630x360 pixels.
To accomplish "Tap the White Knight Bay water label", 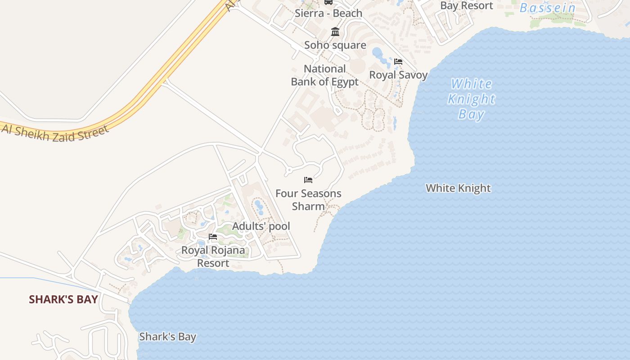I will click(x=471, y=99).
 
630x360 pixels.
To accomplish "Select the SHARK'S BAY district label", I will click(x=63, y=299).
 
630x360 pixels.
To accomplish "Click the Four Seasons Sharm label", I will click(x=308, y=200).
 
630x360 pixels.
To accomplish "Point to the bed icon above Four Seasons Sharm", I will click(x=308, y=180).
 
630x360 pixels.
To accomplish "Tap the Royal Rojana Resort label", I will click(x=213, y=256).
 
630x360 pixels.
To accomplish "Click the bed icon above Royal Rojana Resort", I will click(x=213, y=237).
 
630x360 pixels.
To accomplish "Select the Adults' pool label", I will click(x=261, y=226).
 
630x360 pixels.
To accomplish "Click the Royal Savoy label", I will click(x=398, y=75).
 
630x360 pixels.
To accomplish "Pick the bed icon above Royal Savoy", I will click(x=398, y=62).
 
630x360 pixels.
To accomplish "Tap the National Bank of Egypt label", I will click(x=324, y=75).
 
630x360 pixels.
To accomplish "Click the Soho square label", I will click(x=335, y=45).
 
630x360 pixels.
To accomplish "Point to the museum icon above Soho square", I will click(x=335, y=32).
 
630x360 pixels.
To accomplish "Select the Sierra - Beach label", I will click(x=328, y=13).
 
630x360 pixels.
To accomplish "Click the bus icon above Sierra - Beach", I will click(x=328, y=2).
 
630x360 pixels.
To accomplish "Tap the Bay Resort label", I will click(x=467, y=5).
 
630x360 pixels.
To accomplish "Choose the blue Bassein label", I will click(x=548, y=8).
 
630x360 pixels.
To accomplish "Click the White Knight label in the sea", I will click(x=458, y=188).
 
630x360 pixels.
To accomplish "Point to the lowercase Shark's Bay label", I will click(x=167, y=337).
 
